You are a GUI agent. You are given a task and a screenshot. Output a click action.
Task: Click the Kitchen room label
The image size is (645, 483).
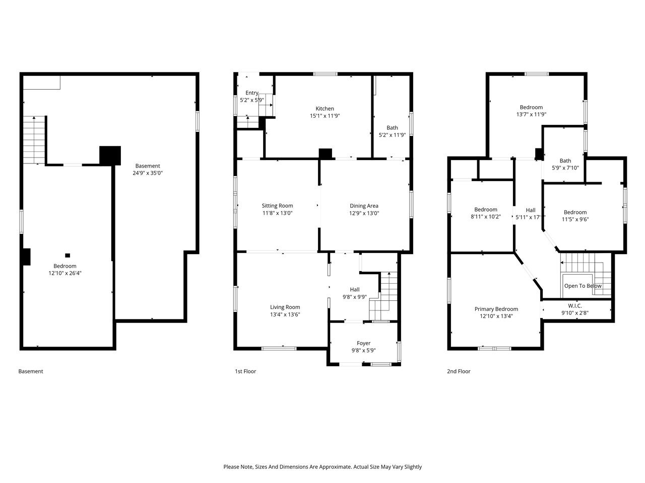point(325,109)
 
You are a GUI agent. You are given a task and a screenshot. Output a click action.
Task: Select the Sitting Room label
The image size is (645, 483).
point(277,206)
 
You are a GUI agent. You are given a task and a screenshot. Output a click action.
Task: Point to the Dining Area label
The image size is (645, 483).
point(364,206)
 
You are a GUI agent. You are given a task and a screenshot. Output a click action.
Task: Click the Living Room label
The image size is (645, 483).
point(285,307)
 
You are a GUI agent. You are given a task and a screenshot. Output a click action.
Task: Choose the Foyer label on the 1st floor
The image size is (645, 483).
point(363,344)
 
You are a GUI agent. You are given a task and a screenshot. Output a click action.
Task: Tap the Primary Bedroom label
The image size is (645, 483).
point(496,309)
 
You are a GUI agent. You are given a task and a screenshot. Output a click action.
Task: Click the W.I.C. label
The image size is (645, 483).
point(574,306)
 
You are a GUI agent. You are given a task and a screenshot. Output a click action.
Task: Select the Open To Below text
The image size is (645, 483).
point(583,286)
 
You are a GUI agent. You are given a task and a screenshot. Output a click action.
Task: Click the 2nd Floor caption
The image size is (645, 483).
point(459,372)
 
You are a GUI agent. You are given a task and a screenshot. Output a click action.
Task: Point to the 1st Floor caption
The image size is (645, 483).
point(245,372)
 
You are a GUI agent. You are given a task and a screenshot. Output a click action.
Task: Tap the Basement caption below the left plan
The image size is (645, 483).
point(31,372)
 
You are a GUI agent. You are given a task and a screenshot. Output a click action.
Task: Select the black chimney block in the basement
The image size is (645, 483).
point(110,155)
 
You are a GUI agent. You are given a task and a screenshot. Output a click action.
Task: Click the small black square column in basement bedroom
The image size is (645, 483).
point(68,255)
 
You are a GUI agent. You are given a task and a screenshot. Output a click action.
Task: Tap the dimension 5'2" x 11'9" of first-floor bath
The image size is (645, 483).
point(392,135)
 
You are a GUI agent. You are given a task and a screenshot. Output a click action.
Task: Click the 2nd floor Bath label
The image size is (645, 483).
point(565,161)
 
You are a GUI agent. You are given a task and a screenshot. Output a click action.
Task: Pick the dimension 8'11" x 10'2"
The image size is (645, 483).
point(486,217)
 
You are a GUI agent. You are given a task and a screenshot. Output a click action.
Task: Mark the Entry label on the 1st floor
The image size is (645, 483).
point(252,93)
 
